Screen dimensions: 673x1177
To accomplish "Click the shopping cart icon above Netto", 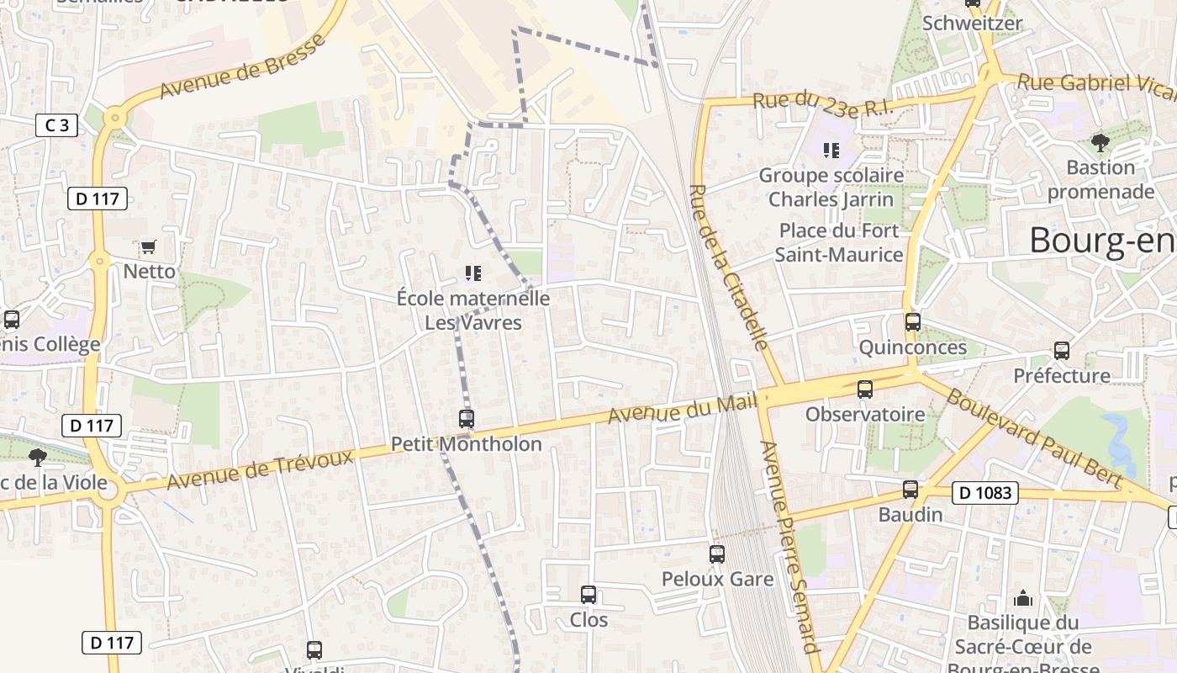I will pyautogui.click(x=149, y=246).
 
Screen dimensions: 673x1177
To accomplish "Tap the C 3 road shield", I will pyautogui.click(x=57, y=126).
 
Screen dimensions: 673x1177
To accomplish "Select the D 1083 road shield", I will pyautogui.click(x=984, y=493).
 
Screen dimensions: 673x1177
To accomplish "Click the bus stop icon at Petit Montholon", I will pyautogui.click(x=467, y=418).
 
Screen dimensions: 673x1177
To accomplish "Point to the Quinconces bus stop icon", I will pyautogui.click(x=913, y=321).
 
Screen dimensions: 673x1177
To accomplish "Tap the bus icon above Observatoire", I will pyautogui.click(x=865, y=389).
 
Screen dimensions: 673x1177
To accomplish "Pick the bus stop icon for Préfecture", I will pyautogui.click(x=1062, y=350).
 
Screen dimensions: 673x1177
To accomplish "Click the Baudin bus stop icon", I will pyautogui.click(x=910, y=489).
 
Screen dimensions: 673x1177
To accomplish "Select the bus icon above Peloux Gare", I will pyautogui.click(x=717, y=554).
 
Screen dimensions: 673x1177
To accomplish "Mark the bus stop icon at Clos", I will pyautogui.click(x=588, y=594).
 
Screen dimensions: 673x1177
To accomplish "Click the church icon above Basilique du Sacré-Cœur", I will pyautogui.click(x=1023, y=597).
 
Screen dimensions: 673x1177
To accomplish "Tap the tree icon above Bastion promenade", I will pyautogui.click(x=1100, y=142).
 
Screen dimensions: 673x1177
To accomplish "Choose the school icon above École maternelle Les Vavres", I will pyautogui.click(x=473, y=273).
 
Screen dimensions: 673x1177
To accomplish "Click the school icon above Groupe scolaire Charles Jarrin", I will pyautogui.click(x=831, y=151).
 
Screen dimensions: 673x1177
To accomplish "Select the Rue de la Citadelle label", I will pyautogui.click(x=728, y=266).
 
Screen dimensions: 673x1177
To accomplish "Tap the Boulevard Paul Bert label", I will pyautogui.click(x=1033, y=437).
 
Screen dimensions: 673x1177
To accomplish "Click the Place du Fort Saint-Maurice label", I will pyautogui.click(x=839, y=242).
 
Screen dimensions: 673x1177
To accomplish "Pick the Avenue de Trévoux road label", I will pyautogui.click(x=259, y=469).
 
